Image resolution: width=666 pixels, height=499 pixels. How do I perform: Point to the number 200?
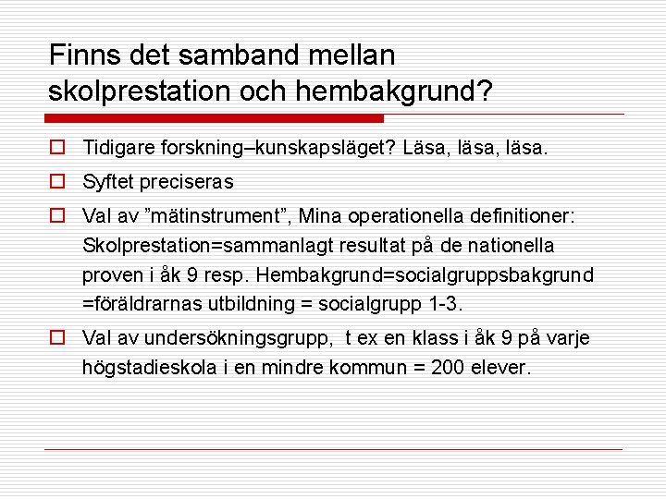pos(441,369)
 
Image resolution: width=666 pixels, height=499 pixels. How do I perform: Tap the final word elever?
pos(500,369)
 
